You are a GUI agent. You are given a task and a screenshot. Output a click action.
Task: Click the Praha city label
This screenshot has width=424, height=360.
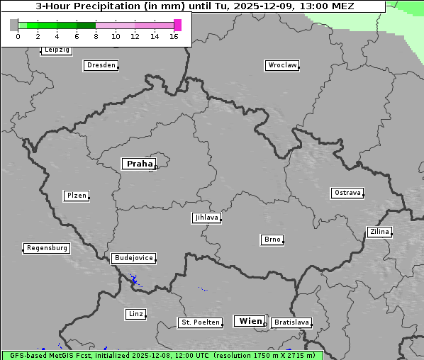[x=139, y=164]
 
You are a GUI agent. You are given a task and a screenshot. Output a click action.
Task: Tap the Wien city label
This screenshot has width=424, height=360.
[x=250, y=321]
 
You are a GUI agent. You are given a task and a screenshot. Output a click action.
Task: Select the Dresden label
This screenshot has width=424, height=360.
[x=101, y=65]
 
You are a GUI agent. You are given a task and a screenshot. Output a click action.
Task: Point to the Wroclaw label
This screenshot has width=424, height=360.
[x=282, y=65]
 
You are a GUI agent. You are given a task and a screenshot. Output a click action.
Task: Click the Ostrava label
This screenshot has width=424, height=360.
[x=347, y=193]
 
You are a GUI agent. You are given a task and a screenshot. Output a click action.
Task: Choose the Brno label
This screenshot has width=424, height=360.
[x=272, y=240]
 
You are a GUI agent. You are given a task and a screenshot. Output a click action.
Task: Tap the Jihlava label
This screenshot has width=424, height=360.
[x=206, y=218]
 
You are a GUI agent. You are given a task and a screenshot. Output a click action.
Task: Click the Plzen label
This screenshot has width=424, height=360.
[x=76, y=196]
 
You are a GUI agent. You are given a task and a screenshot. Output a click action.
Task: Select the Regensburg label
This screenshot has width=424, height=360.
[x=47, y=248]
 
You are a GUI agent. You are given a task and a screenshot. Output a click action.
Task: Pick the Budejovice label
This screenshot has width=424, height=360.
[x=133, y=258]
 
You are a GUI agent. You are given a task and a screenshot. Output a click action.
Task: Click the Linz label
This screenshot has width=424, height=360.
[x=135, y=314]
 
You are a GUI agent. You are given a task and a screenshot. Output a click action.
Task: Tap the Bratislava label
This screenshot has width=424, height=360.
[x=291, y=322]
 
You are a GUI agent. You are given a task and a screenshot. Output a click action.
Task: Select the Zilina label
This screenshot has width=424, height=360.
[x=379, y=232]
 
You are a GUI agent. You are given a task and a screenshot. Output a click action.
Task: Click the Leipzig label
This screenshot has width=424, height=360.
[x=56, y=50]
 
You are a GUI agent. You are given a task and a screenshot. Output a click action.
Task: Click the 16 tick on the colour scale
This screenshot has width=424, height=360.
[x=174, y=35]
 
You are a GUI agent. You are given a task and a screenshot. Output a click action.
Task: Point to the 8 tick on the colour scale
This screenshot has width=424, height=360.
[x=96, y=35]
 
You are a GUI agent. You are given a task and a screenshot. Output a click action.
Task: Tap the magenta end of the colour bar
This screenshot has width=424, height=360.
[x=177, y=25]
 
